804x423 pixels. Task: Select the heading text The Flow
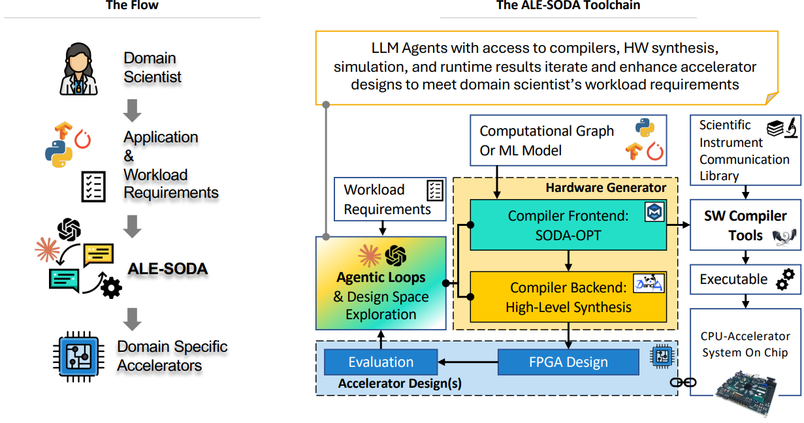(132, 6)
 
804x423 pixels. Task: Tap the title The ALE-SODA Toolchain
(568, 6)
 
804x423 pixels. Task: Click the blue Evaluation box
(380, 362)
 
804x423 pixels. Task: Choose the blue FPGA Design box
(568, 362)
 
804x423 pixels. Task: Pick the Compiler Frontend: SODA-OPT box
(568, 225)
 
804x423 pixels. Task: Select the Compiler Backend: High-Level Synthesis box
(568, 297)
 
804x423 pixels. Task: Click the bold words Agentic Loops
(381, 277)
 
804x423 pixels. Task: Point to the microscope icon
(789, 127)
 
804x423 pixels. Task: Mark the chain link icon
(683, 383)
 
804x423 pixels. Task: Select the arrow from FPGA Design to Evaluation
(467, 362)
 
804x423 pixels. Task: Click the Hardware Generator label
(605, 188)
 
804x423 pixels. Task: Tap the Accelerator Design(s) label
(400, 384)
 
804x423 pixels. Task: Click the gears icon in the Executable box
(784, 279)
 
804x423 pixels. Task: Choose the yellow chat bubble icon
(99, 254)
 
